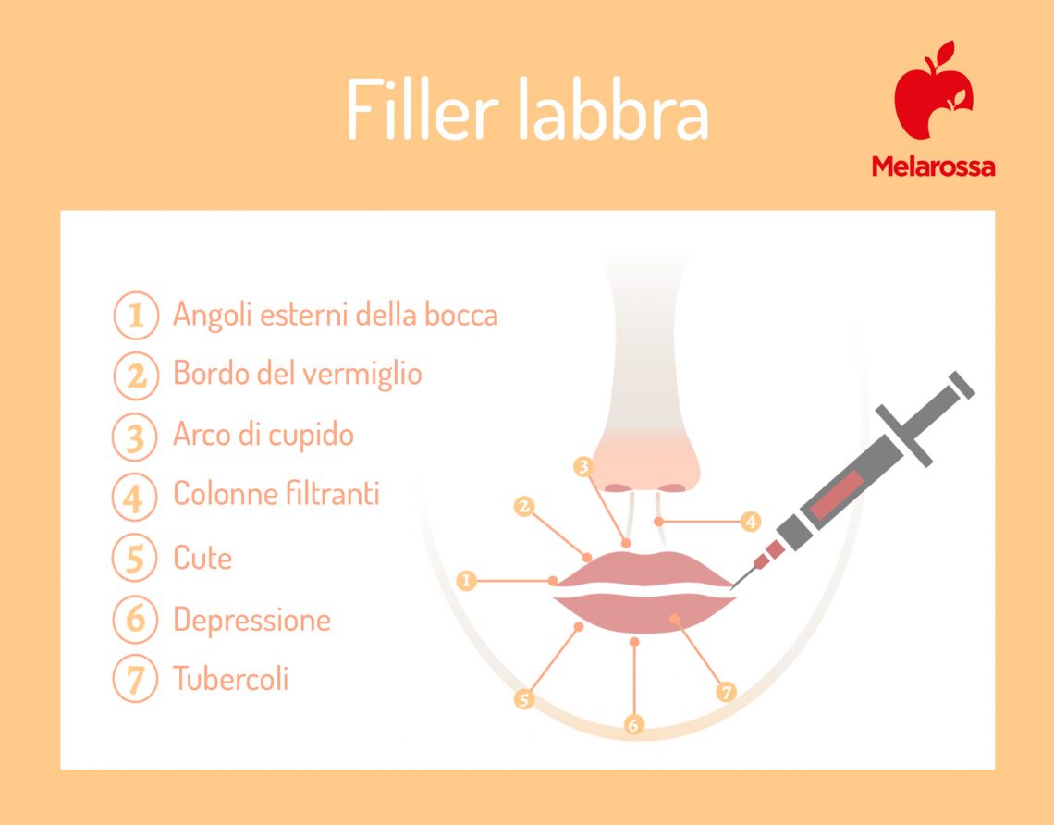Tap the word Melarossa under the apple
pyautogui.click(x=933, y=166)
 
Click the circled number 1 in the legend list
pyautogui.click(x=135, y=315)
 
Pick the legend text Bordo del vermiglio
pyautogui.click(x=297, y=374)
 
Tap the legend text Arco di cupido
pyautogui.click(x=263, y=434)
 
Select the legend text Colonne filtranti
pyautogui.click(x=276, y=494)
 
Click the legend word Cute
pyautogui.click(x=202, y=558)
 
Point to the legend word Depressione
pyautogui.click(x=251, y=619)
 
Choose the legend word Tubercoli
pyautogui.click(x=231, y=679)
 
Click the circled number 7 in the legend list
pyautogui.click(x=135, y=679)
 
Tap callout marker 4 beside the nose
pyautogui.click(x=751, y=523)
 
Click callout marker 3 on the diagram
pyautogui.click(x=582, y=467)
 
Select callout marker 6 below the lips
pyautogui.click(x=633, y=725)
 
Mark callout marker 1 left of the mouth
pyautogui.click(x=467, y=581)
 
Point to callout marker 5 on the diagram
pyautogui.click(x=524, y=700)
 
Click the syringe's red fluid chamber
pyautogui.click(x=836, y=494)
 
